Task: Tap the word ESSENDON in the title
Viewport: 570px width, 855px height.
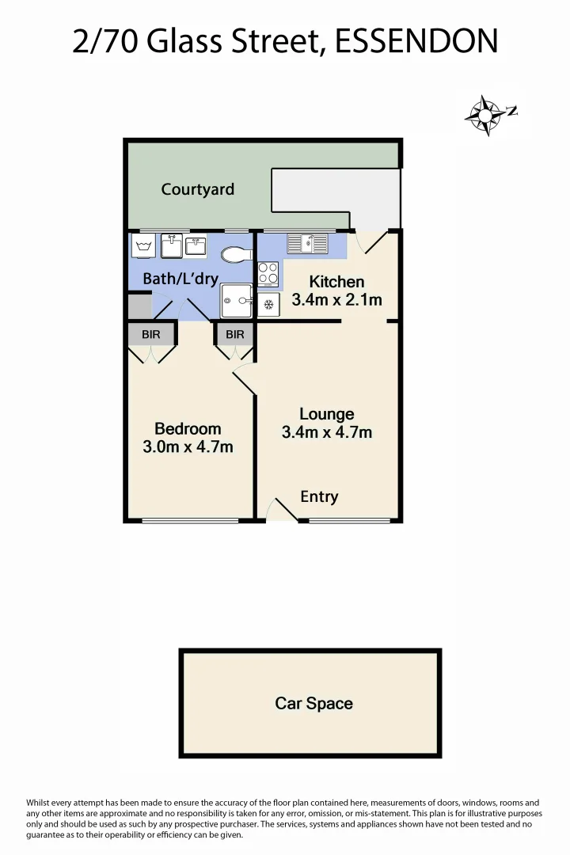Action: [x=416, y=40]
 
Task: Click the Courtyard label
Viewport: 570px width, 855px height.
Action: [x=198, y=189]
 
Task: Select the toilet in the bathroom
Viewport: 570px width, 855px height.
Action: [x=236, y=255]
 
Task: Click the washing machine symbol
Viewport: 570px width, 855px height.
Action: [x=144, y=245]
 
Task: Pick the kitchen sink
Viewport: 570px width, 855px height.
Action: [x=308, y=243]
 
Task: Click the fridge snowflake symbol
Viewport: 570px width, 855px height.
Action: [x=268, y=304]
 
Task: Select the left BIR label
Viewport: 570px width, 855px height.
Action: [x=150, y=335]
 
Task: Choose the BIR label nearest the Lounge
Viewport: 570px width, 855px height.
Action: [x=235, y=335]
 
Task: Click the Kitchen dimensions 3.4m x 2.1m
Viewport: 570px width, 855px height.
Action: [x=336, y=300]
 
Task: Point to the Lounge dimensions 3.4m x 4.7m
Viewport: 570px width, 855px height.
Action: [x=327, y=433]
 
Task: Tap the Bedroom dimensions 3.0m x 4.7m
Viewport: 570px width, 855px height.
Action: [x=188, y=446]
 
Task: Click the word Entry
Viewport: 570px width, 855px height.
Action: [x=319, y=496]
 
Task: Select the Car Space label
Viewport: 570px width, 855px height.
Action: [x=313, y=703]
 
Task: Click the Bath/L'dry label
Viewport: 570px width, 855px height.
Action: [x=180, y=279]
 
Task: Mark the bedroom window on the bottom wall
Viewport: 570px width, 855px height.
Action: [x=190, y=520]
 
